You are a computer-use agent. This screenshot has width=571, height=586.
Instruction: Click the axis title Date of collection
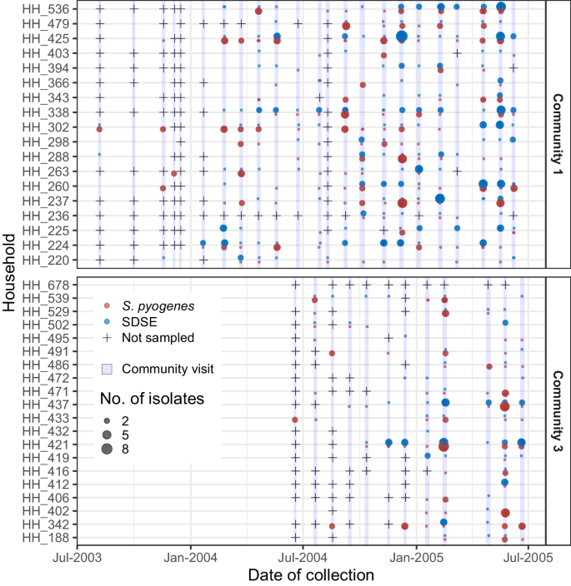310,575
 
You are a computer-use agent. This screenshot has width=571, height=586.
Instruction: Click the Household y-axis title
9,273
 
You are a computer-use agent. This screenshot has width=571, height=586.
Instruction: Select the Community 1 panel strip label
557,133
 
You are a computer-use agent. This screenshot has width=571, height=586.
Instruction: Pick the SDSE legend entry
136,322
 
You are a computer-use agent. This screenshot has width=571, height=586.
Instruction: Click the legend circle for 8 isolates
107,449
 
